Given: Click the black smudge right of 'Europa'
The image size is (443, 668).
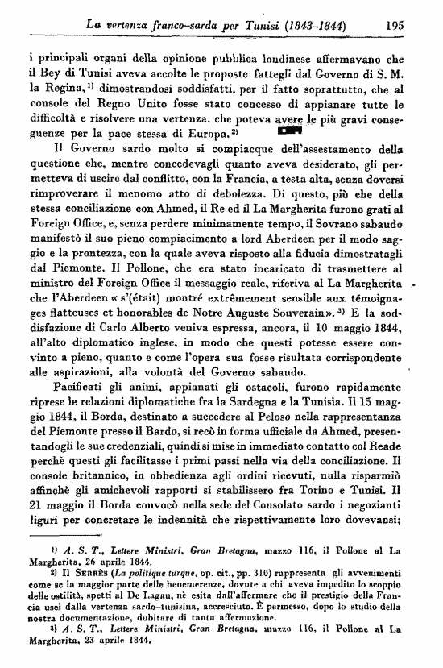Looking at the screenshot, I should click(288, 130).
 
